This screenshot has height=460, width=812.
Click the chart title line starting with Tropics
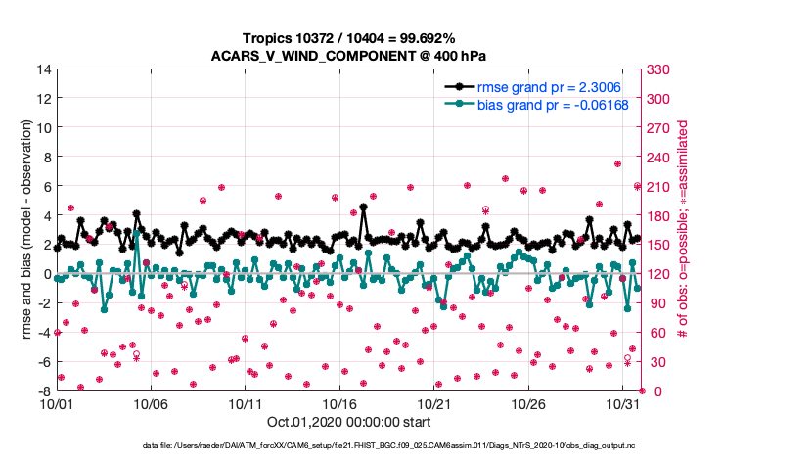348,37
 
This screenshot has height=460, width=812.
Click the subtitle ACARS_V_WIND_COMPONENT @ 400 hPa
348,55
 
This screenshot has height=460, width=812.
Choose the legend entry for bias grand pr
543,104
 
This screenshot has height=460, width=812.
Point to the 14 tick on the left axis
43,69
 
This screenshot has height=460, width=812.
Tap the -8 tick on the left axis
43,391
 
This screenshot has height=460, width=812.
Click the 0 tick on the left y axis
46,274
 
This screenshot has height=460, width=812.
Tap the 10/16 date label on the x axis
339,403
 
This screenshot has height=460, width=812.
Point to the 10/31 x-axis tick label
623,403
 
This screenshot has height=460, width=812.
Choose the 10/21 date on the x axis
434,403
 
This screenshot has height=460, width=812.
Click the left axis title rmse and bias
23,230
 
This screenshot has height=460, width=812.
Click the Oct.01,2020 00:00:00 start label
348,422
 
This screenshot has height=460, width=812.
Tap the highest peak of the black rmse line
363,207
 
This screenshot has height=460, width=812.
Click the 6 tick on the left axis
46,186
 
